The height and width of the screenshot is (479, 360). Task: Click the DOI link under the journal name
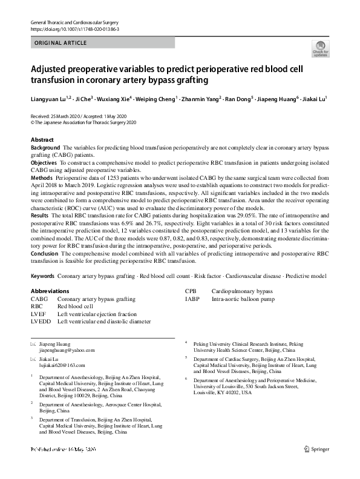click(x=74, y=29)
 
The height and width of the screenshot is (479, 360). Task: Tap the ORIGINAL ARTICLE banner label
click(x=61, y=43)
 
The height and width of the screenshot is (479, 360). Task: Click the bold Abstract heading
click(x=42, y=140)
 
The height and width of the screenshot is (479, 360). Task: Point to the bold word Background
click(x=45, y=148)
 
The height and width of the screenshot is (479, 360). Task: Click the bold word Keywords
click(x=42, y=276)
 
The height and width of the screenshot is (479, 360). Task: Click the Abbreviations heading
click(x=54, y=291)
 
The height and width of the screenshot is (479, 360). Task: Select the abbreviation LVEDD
click(x=41, y=322)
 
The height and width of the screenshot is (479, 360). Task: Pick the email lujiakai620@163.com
click(x=62, y=365)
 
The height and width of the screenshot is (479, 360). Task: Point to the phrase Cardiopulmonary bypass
click(x=242, y=291)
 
